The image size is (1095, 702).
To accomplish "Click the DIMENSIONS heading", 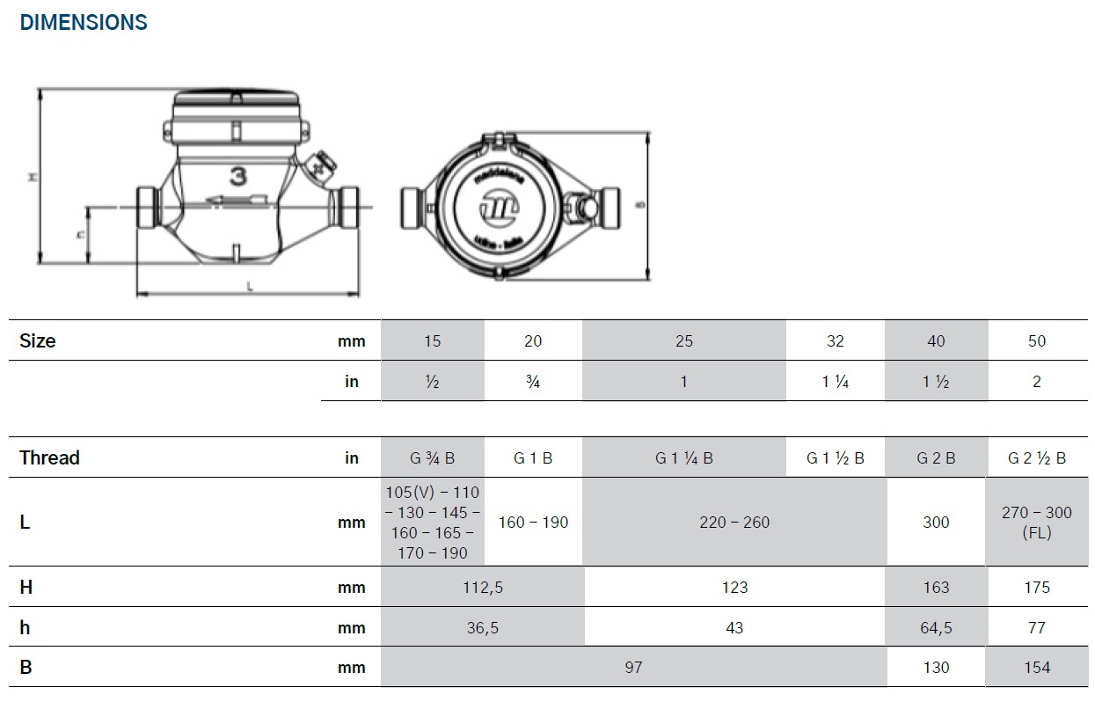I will [x=84, y=23].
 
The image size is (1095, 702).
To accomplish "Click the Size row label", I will [x=38, y=341].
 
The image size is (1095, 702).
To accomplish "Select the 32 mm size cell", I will [x=835, y=341].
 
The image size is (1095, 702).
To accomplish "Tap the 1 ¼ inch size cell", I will [x=835, y=382].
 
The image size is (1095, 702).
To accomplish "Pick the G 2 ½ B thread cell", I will [x=1037, y=458].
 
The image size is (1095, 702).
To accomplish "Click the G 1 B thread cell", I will [x=533, y=458].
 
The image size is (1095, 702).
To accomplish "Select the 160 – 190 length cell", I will [x=533, y=523].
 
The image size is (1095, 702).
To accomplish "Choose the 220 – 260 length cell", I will [x=734, y=523].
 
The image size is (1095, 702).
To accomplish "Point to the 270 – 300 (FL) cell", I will [x=1037, y=523].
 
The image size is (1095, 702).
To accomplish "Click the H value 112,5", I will [x=482, y=588].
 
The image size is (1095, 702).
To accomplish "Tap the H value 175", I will [x=1037, y=588].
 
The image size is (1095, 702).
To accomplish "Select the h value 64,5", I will [x=936, y=628].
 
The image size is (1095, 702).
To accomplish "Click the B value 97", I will [x=633, y=668].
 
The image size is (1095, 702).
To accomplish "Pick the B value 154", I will [x=1037, y=668].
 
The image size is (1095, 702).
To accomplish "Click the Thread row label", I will [x=49, y=458].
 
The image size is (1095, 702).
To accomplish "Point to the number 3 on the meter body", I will [x=237, y=176].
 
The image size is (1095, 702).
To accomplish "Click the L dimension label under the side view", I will [x=250, y=287].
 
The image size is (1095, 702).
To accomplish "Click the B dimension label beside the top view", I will [x=641, y=206].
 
